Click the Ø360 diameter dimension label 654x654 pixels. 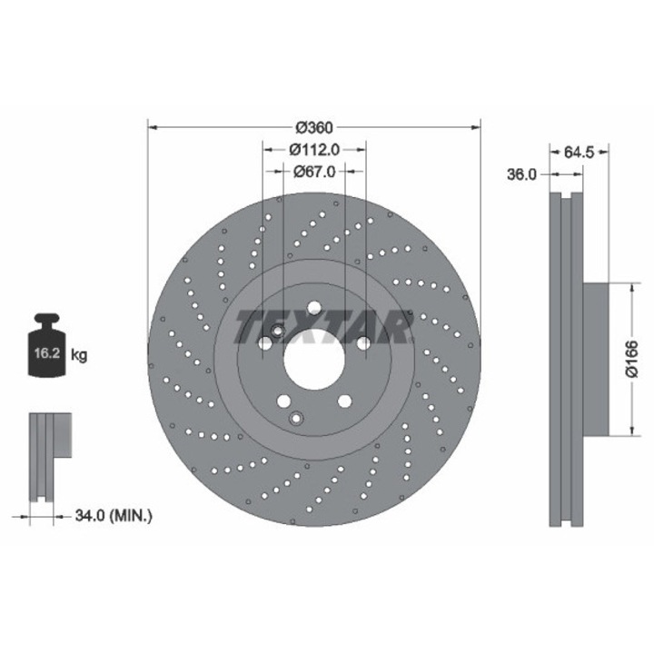click(x=314, y=128)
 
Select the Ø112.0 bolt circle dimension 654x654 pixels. click(x=314, y=149)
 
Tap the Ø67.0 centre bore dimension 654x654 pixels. click(x=314, y=172)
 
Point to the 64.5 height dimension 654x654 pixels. click(x=579, y=153)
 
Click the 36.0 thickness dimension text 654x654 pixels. click(x=521, y=174)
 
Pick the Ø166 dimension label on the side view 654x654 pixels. click(x=632, y=359)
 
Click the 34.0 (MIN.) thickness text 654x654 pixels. click(x=114, y=516)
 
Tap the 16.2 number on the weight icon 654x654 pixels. click(x=47, y=353)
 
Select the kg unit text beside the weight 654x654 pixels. click(x=79, y=355)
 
